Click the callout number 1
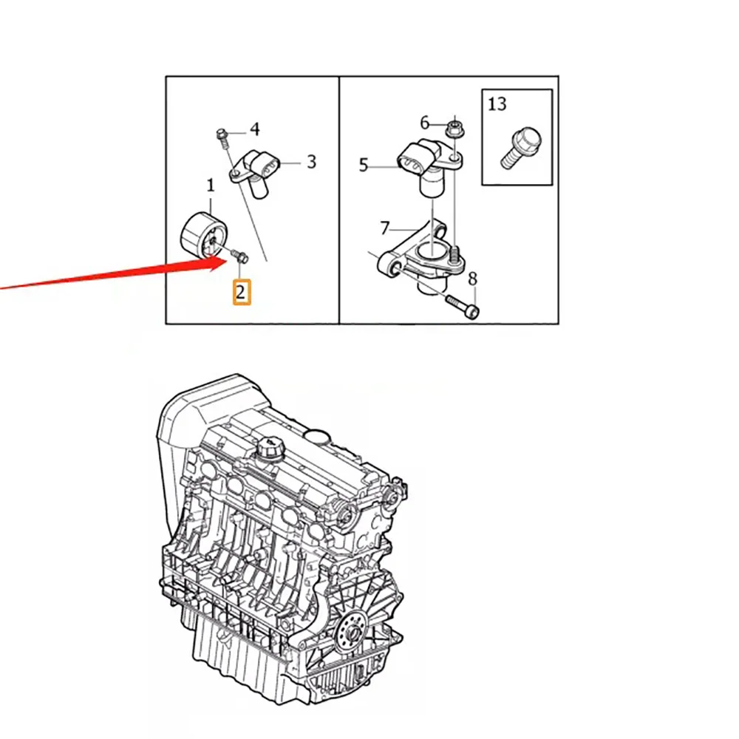pyautogui.click(x=210, y=185)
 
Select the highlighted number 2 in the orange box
pyautogui.click(x=241, y=292)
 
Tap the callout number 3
pyautogui.click(x=311, y=162)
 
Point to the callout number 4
pyautogui.click(x=254, y=129)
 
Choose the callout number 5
pyautogui.click(x=363, y=165)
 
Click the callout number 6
pyautogui.click(x=425, y=123)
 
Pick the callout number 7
pyautogui.click(x=384, y=228)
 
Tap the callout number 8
pyautogui.click(x=472, y=279)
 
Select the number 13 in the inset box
pyautogui.click(x=497, y=103)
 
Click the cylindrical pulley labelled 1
pyautogui.click(x=204, y=235)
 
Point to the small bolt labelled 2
pyautogui.click(x=240, y=257)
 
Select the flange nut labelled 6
pyautogui.click(x=454, y=128)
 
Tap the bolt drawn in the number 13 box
pyautogui.click(x=520, y=146)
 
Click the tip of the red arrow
pyautogui.click(x=226, y=257)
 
